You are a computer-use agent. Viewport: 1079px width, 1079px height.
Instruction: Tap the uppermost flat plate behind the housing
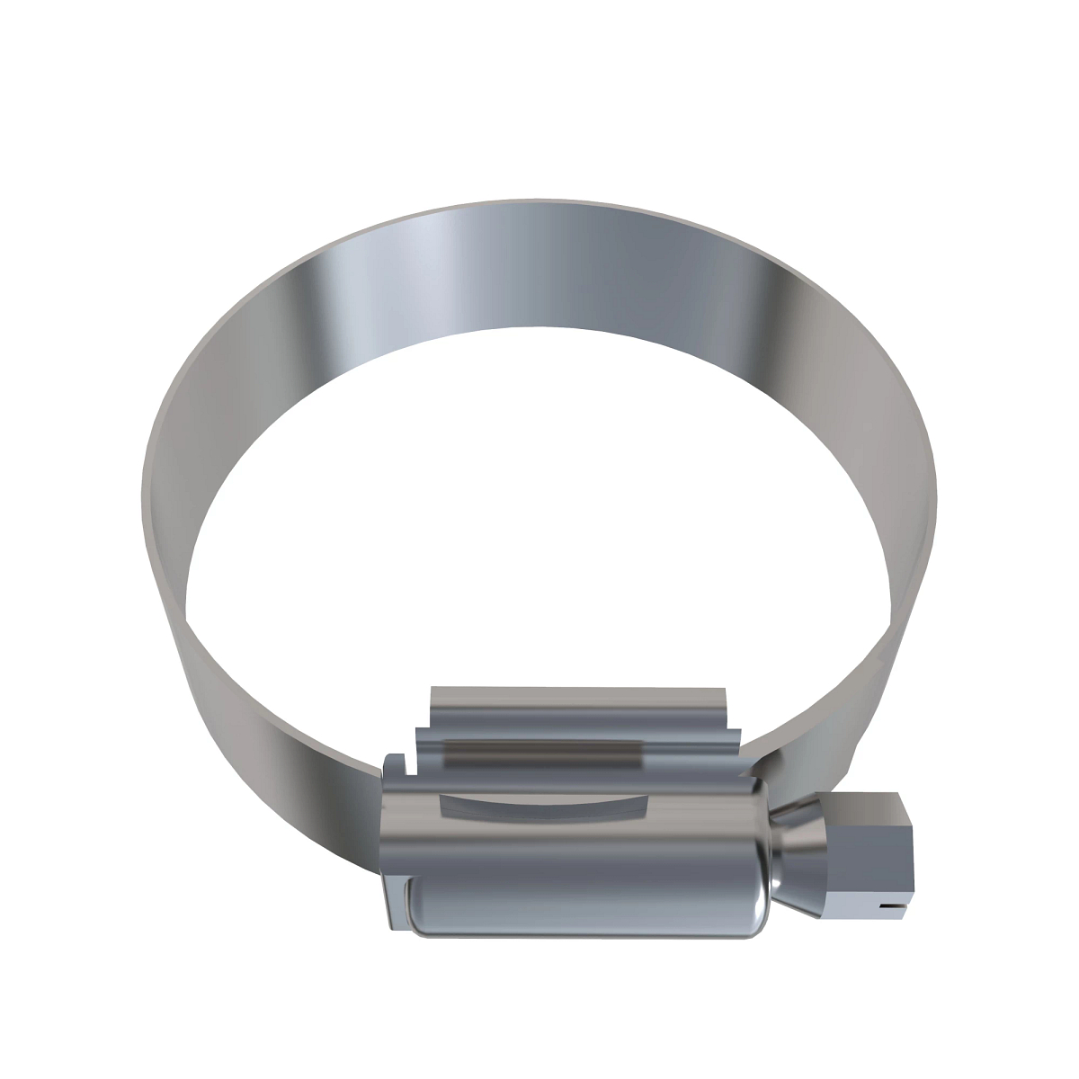point(575,700)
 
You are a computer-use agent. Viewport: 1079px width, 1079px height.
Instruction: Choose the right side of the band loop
point(908,539)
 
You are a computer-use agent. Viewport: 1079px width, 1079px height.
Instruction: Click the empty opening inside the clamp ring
point(539,539)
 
